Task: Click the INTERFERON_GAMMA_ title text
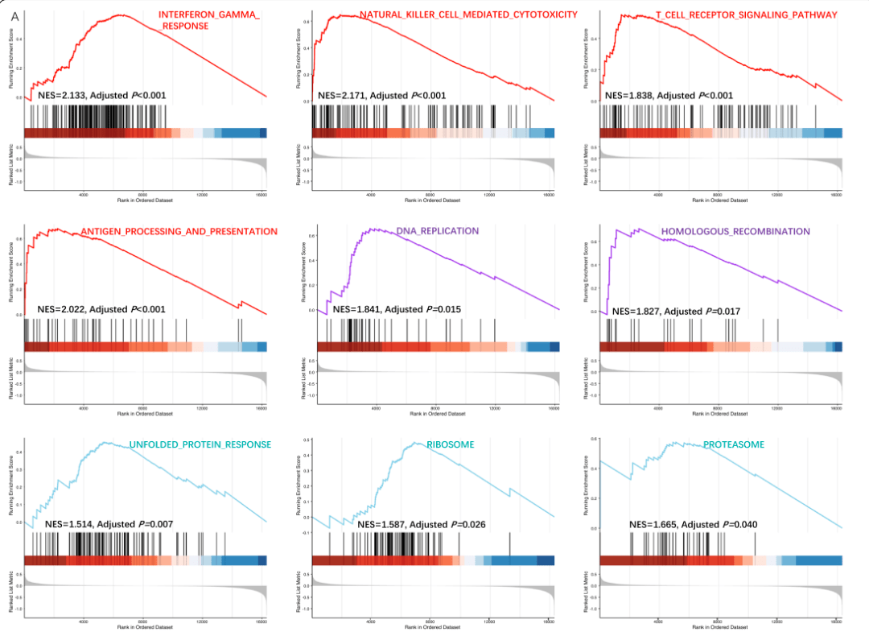tap(209, 15)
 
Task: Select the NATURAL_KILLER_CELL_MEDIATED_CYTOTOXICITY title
tap(468, 15)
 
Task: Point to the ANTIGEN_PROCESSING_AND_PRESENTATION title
tap(179, 232)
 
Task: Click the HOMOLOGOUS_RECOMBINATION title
tap(735, 232)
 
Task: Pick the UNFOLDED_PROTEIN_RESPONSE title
tap(200, 445)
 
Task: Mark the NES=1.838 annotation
tap(669, 96)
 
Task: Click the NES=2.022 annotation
tap(101, 309)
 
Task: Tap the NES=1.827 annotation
tap(676, 312)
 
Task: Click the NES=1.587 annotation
tap(421, 524)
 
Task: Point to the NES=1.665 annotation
tap(693, 524)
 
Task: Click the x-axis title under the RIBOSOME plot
tap(434, 626)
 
